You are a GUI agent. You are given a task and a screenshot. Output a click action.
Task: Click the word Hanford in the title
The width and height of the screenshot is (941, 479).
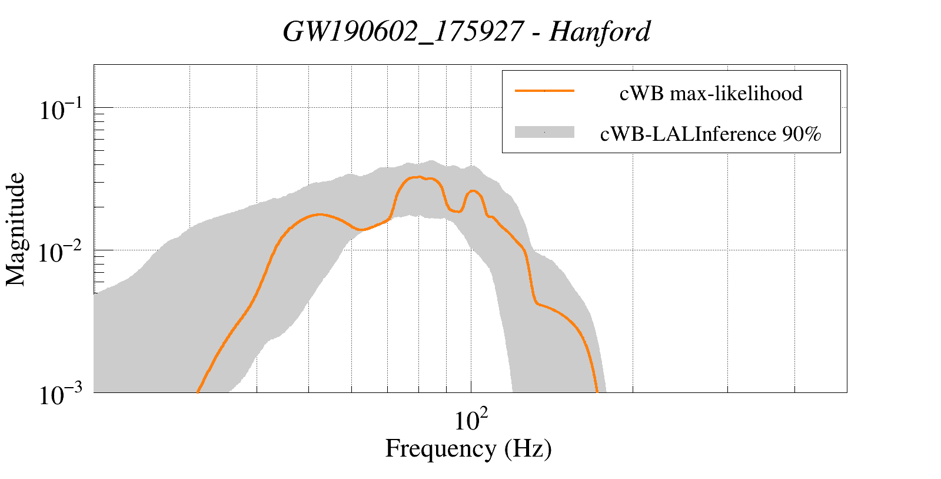pyautogui.click(x=600, y=32)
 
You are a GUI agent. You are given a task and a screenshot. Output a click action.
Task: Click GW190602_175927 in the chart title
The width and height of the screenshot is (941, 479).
pyautogui.click(x=403, y=32)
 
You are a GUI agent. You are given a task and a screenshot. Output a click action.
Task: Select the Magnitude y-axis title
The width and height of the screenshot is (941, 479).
pyautogui.click(x=16, y=229)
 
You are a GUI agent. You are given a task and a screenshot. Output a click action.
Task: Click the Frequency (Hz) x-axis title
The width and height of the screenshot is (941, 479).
pyautogui.click(x=468, y=449)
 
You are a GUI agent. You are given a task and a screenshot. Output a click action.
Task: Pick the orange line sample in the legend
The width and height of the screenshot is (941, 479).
pyautogui.click(x=544, y=91)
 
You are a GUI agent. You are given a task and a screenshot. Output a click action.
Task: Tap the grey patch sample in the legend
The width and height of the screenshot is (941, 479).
pyautogui.click(x=544, y=133)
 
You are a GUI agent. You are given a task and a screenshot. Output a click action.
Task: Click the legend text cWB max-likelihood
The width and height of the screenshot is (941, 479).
pyautogui.click(x=711, y=93)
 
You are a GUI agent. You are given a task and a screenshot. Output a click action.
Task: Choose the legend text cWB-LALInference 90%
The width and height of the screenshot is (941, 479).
pyautogui.click(x=710, y=134)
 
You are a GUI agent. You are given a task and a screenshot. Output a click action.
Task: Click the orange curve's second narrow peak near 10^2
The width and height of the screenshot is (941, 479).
pyautogui.click(x=473, y=191)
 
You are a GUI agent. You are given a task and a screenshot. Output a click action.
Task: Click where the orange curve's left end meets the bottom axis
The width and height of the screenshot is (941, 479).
pyautogui.click(x=197, y=392)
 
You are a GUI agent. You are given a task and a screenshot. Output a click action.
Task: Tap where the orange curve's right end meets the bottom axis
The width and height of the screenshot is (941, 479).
pyautogui.click(x=597, y=392)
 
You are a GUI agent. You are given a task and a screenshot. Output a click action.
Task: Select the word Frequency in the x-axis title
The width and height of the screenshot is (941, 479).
pyautogui.click(x=440, y=449)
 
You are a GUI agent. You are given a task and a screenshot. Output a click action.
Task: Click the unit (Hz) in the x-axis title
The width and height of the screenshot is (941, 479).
pyautogui.click(x=528, y=449)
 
